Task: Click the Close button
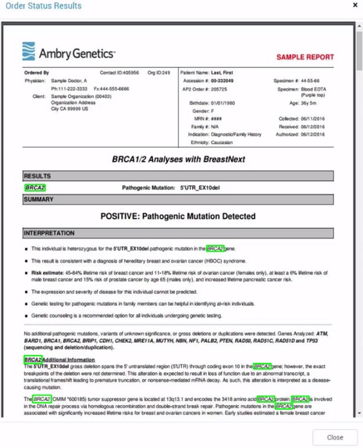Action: [x=334, y=437]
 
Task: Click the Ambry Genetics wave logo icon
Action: [x=29, y=52]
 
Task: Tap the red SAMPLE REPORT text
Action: [x=304, y=57]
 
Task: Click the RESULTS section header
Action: [x=37, y=177]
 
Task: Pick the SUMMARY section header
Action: [x=39, y=199]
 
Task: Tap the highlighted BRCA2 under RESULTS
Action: [x=35, y=188]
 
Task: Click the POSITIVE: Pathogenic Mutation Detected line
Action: [x=178, y=216]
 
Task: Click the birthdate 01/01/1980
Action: [x=219, y=103]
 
